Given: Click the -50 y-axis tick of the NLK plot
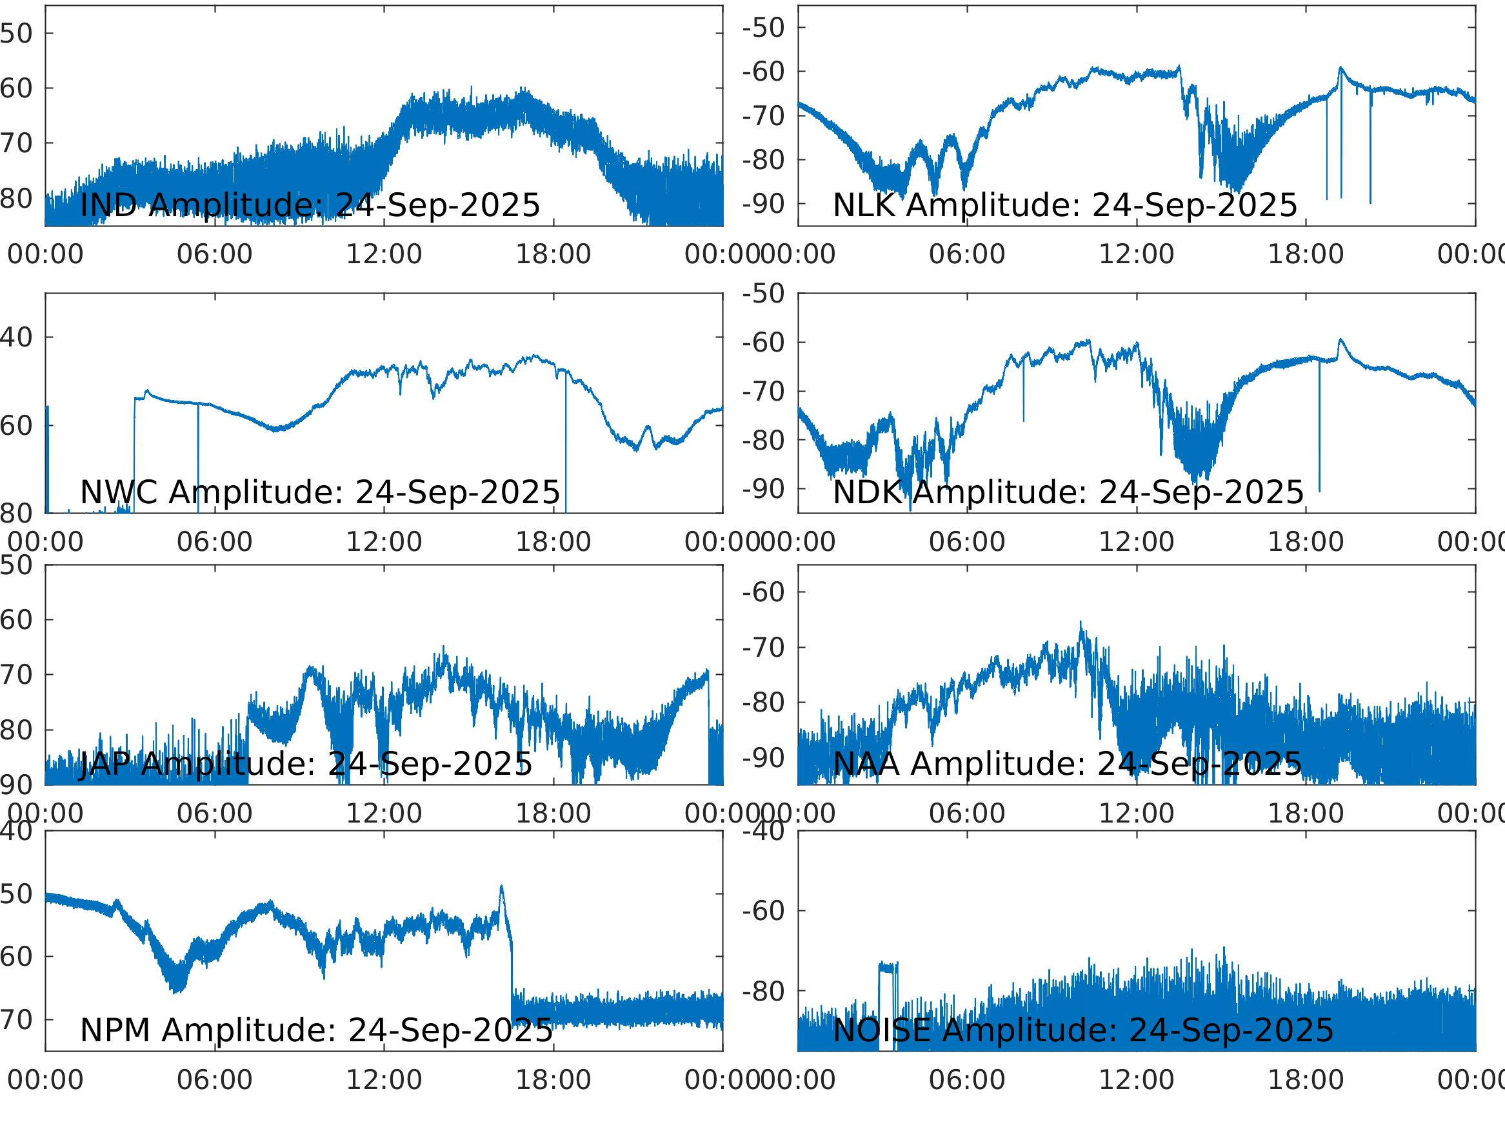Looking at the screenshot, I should tap(763, 28).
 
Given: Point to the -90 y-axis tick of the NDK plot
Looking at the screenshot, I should tap(763, 488).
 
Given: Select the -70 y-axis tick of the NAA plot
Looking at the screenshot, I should tap(763, 648).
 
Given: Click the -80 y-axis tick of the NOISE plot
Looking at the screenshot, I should tap(763, 992).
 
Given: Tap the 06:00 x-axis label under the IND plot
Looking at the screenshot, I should tap(214, 255).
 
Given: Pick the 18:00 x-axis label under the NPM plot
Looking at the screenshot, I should tap(553, 1080).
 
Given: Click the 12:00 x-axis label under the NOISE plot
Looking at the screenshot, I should tap(1136, 1080).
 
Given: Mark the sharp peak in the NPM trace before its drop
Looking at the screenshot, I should tap(501, 888).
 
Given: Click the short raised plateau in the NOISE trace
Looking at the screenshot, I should tap(888, 966).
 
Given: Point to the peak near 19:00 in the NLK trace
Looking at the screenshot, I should tap(1341, 68).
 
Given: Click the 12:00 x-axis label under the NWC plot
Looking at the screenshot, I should tap(384, 543).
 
